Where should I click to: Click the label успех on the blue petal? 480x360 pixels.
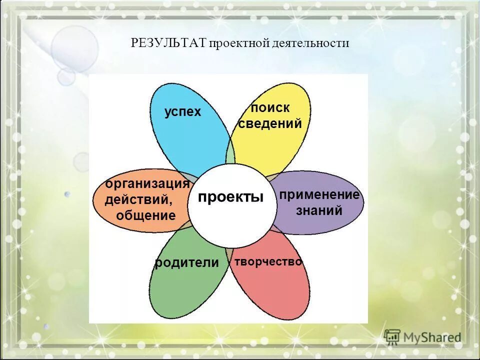(x=183, y=112)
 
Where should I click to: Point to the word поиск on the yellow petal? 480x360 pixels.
(x=270, y=107)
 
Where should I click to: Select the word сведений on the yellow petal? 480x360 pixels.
(x=270, y=123)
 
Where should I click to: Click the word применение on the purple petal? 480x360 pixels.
(x=319, y=195)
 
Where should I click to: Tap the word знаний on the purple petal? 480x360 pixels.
(x=319, y=210)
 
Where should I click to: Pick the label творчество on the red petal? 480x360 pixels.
(x=268, y=261)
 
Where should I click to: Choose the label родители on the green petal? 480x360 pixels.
(x=187, y=262)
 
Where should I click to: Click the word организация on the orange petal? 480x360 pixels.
(x=147, y=183)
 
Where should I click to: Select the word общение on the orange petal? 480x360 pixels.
(x=146, y=215)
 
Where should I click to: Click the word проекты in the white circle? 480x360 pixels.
(x=230, y=197)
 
